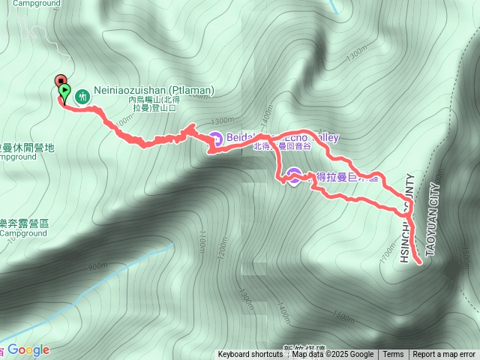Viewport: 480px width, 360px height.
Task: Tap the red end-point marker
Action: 60,81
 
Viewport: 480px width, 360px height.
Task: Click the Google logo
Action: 28,349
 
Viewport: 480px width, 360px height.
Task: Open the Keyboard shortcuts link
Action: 250,355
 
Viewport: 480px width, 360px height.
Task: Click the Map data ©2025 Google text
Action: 332,355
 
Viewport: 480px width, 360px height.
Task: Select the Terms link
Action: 393,355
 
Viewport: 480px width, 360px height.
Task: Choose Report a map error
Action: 444,355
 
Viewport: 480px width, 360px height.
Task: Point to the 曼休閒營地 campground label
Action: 28,148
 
